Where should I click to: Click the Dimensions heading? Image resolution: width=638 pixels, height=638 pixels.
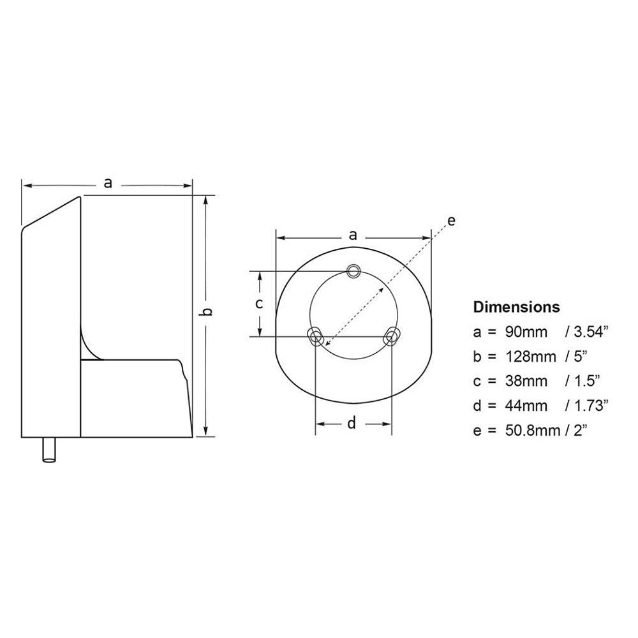(516, 307)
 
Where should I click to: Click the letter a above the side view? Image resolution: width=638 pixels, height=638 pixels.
(108, 184)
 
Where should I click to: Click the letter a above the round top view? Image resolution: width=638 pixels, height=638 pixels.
(353, 235)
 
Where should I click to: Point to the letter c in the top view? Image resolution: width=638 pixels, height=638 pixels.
(259, 304)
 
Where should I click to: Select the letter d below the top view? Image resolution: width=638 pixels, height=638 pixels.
(352, 423)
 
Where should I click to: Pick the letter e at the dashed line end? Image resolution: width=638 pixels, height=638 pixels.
(450, 221)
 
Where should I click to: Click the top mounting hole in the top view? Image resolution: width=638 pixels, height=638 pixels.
(353, 271)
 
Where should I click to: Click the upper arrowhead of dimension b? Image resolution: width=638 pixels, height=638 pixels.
(205, 200)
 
